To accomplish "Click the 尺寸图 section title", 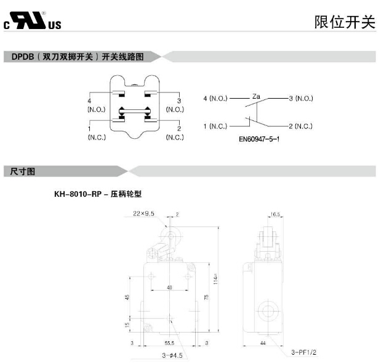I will click(23, 171).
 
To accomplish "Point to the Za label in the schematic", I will click(257, 97).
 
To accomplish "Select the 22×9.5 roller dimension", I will click(143, 213).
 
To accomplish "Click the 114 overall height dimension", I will click(215, 279).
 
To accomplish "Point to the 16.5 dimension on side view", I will click(275, 215).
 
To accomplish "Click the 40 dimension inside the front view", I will click(169, 288).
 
